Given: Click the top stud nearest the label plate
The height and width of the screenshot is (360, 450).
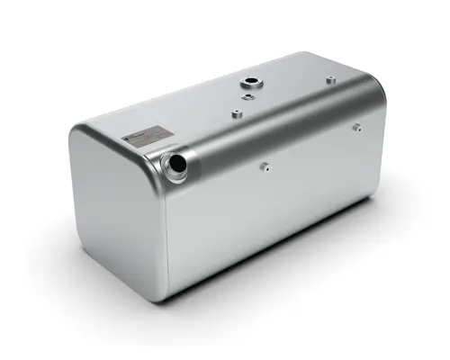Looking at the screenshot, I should click(236, 113).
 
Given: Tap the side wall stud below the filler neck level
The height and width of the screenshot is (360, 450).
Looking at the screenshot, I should click(264, 166).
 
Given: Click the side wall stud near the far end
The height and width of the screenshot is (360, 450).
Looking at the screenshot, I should click(356, 127).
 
